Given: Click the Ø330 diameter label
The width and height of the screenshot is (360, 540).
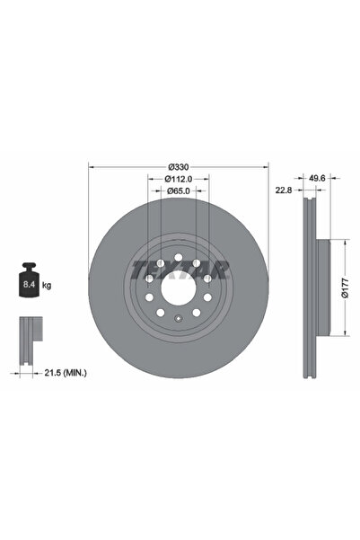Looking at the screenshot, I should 178,168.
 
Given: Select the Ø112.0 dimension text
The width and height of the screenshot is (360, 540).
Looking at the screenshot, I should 178,180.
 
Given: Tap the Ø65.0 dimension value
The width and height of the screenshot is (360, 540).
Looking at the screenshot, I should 178,191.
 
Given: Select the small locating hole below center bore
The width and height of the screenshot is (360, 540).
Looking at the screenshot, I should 178,321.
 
